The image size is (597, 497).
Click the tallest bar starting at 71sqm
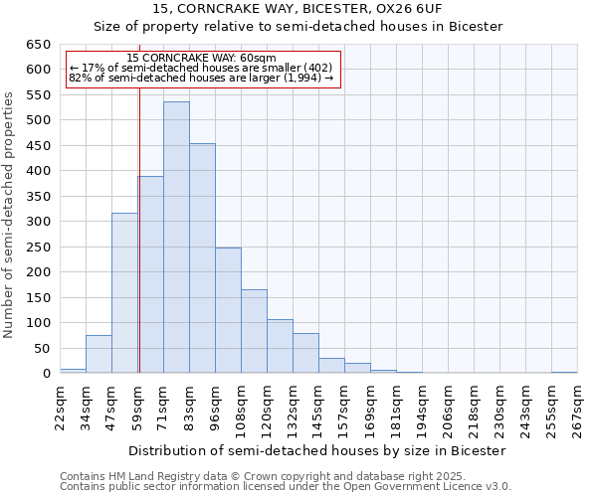176,239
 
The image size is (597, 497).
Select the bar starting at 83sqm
202,258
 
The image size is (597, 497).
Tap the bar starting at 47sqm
124,293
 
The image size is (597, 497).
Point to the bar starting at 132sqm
305,353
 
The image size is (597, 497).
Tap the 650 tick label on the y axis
37,45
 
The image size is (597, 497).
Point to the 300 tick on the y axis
37,222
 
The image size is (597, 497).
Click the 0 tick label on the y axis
46,374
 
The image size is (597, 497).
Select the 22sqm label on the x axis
60,406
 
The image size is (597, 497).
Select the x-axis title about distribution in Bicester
317,450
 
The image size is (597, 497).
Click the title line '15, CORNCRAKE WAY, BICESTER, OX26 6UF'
298,9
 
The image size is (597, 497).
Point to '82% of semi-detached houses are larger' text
201,78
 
